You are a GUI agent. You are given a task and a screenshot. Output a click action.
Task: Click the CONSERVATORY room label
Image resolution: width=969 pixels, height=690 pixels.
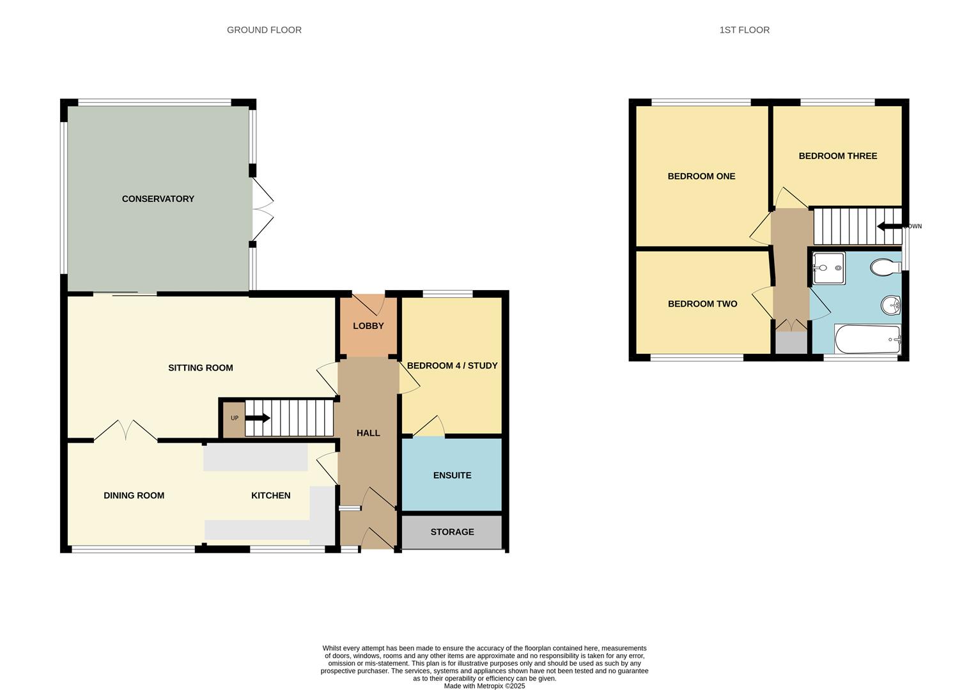pyautogui.click(x=158, y=199)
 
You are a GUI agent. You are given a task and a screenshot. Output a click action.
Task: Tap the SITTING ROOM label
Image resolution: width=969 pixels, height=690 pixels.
pyautogui.click(x=200, y=367)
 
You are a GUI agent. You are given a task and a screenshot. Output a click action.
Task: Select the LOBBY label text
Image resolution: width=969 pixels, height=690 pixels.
pyautogui.click(x=368, y=326)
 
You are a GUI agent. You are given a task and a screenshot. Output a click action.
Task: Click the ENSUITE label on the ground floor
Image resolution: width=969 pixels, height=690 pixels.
pyautogui.click(x=452, y=475)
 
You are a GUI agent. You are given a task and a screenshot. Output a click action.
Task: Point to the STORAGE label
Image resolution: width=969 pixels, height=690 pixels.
pyautogui.click(x=452, y=532)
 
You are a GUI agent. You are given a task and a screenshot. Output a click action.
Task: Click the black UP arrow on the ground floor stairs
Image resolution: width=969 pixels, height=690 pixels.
pyautogui.click(x=258, y=418)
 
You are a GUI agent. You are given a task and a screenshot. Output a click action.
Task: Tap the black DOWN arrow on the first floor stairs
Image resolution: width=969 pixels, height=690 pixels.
pyautogui.click(x=888, y=226)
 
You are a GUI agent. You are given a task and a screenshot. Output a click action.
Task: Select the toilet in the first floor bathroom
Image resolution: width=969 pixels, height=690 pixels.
pyautogui.click(x=885, y=267)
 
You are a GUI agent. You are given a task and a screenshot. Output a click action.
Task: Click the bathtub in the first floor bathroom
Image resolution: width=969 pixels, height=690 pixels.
pyautogui.click(x=867, y=339)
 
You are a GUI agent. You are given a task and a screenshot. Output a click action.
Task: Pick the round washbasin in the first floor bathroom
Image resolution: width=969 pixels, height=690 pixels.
pyautogui.click(x=890, y=306)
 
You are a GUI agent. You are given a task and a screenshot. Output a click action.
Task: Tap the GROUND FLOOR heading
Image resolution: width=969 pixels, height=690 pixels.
pyautogui.click(x=264, y=30)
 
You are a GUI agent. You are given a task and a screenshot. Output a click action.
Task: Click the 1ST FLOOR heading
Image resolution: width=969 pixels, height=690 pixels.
pyautogui.click(x=744, y=30)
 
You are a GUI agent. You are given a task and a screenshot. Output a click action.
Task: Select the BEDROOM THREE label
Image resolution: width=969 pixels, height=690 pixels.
pyautogui.click(x=837, y=156)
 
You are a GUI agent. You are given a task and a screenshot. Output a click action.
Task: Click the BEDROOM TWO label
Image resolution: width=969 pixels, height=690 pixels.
pyautogui.click(x=702, y=304)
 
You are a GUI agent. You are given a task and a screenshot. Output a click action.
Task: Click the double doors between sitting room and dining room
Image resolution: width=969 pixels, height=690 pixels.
pyautogui.click(x=125, y=431)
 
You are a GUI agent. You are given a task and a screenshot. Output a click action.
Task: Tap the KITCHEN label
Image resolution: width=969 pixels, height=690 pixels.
pyautogui.click(x=270, y=496)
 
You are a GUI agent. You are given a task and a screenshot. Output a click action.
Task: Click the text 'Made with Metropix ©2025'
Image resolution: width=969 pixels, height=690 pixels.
pyautogui.click(x=484, y=686)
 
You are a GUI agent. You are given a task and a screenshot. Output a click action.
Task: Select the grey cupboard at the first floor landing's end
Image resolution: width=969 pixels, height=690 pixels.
pyautogui.click(x=791, y=342)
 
